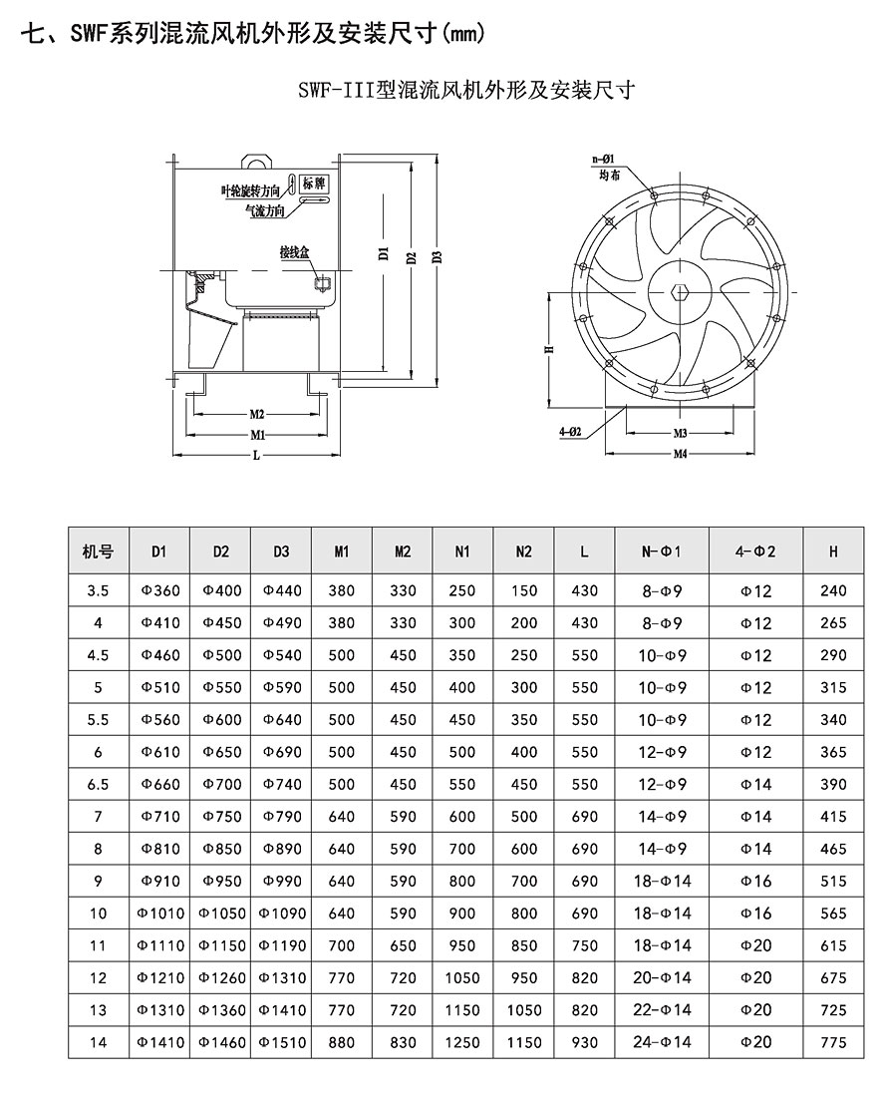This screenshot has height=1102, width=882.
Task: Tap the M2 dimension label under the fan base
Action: pos(256,414)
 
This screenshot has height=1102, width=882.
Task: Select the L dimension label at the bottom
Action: pos(257,455)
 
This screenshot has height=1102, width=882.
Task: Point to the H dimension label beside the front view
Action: pos(549,350)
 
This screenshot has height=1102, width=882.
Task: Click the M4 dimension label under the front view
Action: pos(681,454)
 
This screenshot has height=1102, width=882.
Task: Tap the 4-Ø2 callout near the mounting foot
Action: pos(570,431)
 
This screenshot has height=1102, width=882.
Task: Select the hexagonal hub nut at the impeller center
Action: pos(681,293)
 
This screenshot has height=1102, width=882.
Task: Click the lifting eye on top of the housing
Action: pos(257,160)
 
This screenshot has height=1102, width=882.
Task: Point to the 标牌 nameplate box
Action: pos(314,184)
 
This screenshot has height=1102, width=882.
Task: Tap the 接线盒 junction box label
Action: pos(295,253)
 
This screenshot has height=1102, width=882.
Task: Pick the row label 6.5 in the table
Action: pos(98,785)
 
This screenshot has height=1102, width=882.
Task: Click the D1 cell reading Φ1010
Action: pos(159,914)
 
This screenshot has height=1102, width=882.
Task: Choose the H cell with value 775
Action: pos(832,1042)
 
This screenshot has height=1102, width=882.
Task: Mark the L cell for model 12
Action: pos(585,978)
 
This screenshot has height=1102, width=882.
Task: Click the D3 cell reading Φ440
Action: pos(282,591)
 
